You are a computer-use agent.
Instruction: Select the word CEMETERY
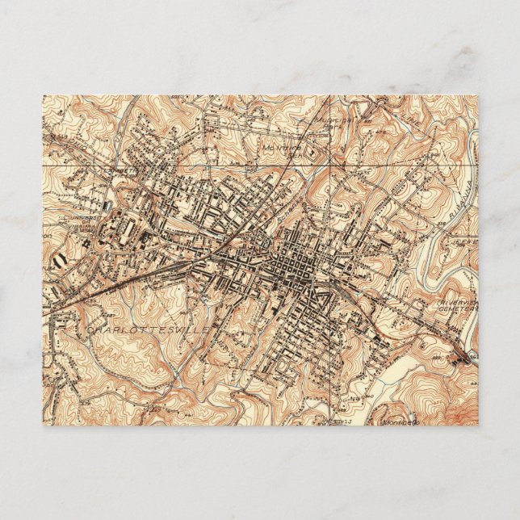(x=442, y=313)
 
